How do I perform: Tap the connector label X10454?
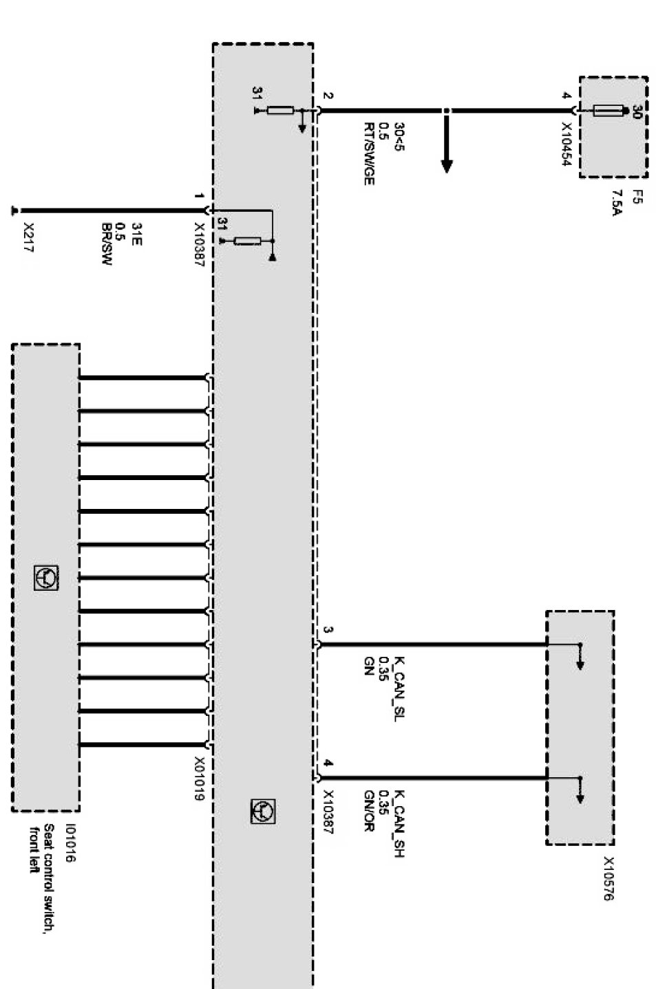point(567,145)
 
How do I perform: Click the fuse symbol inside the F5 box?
point(609,109)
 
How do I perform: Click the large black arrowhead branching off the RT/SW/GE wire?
point(447,165)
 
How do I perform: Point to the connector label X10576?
point(609,878)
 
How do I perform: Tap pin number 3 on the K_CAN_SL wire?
point(328,631)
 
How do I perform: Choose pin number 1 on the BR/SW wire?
point(199,196)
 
